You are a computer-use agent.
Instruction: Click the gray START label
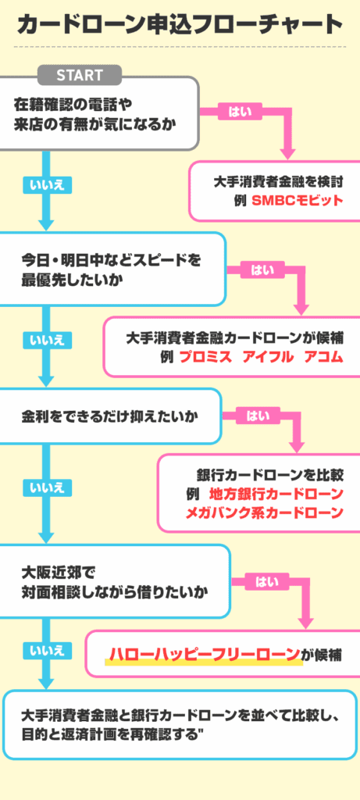(80, 75)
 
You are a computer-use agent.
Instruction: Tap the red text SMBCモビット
(298, 200)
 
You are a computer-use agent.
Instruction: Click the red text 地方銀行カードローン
(276, 494)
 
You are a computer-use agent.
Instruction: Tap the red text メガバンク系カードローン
(264, 513)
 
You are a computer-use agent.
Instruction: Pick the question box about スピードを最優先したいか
(113, 269)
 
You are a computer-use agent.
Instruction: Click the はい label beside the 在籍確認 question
(240, 112)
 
